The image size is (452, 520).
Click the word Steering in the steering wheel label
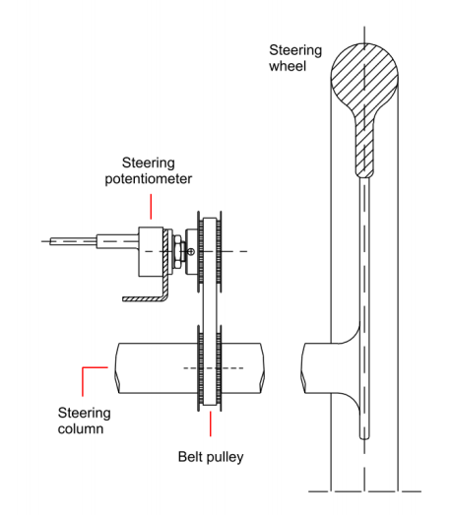295,51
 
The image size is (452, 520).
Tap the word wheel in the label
288,66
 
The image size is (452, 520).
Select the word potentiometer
149,179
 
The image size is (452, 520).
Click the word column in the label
81,428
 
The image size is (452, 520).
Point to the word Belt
190,457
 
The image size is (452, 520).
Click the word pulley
225,457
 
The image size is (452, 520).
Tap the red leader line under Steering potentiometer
151,207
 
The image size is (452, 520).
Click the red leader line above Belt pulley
211,423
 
